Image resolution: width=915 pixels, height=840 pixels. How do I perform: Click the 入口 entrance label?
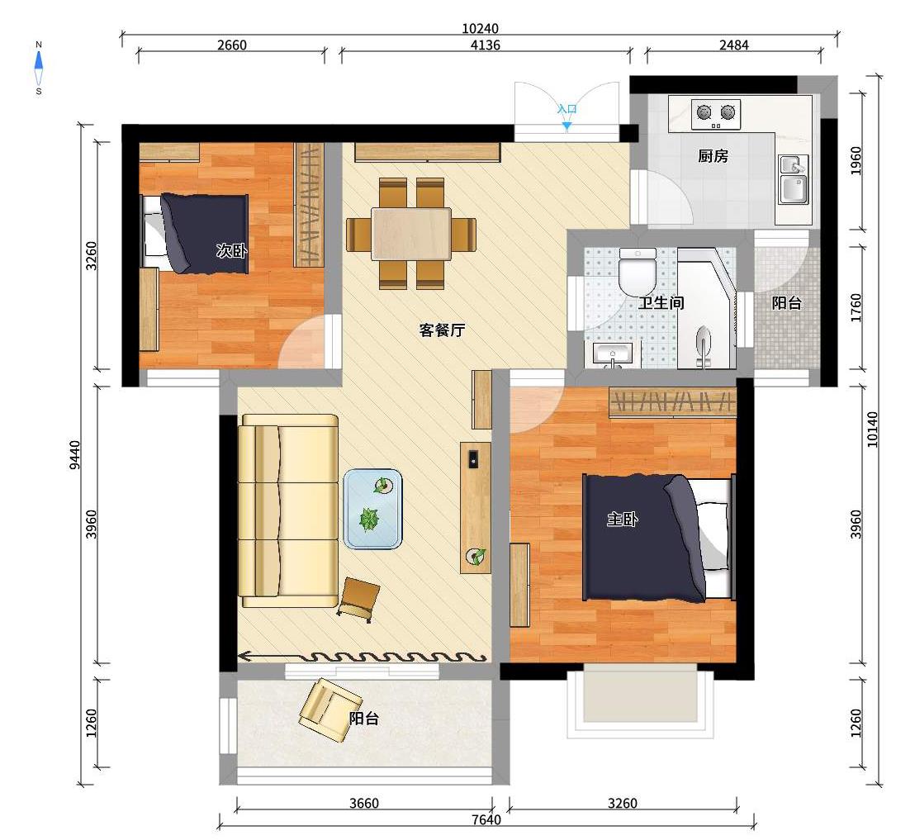(567, 109)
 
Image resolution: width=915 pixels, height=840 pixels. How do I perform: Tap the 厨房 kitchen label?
(714, 156)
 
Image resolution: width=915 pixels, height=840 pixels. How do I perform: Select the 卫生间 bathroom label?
(661, 303)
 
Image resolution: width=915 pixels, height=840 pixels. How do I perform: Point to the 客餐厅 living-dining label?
(442, 330)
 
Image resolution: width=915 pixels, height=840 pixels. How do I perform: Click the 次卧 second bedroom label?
(231, 251)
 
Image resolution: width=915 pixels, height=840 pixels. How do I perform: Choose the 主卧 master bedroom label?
(622, 519)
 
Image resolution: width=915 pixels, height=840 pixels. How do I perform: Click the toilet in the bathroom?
(638, 272)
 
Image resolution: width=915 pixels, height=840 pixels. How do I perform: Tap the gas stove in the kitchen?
(716, 114)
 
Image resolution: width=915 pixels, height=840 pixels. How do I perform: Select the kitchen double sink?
(794, 179)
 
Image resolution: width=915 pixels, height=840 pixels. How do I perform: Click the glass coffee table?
(373, 509)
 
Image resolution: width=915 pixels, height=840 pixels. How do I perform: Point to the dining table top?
(411, 234)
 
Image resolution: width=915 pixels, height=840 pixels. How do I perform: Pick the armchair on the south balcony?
(329, 709)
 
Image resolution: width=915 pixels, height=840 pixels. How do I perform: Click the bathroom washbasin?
(612, 355)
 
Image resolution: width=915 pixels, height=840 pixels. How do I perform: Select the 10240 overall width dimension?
(481, 29)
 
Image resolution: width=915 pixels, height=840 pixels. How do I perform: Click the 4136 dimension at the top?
(486, 45)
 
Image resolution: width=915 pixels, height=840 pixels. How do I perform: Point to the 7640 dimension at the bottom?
(486, 819)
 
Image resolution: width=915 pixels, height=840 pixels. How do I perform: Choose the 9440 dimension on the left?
(74, 455)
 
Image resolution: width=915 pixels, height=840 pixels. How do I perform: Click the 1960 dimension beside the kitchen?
(856, 160)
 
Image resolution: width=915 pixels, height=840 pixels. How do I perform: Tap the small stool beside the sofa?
(358, 599)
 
